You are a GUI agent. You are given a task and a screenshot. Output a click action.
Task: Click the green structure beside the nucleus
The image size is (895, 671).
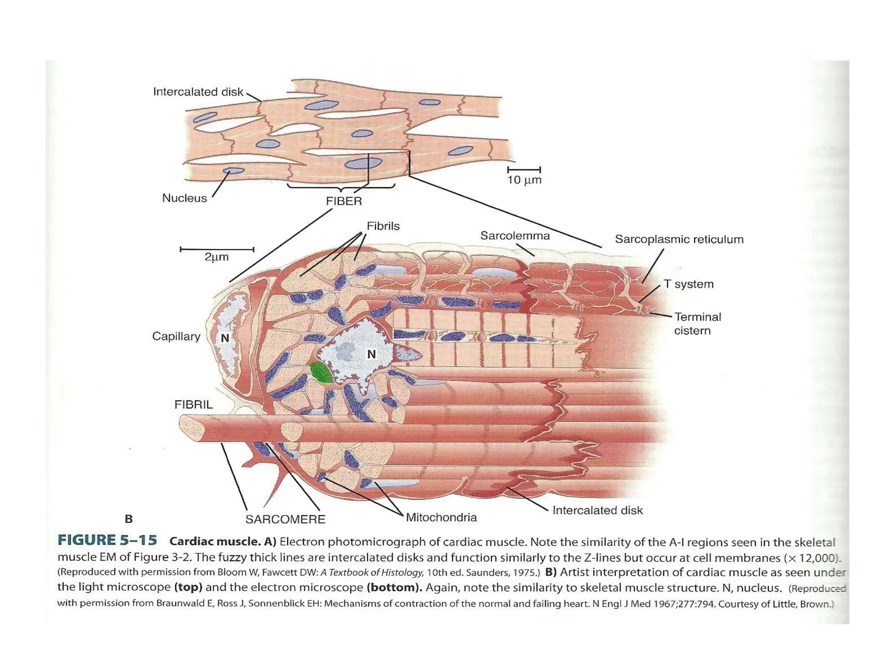pyautogui.click(x=321, y=373)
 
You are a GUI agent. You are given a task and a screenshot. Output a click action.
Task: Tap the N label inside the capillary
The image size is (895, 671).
pyautogui.click(x=225, y=338)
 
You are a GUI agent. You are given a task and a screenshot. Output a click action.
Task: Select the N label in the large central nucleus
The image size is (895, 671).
pyautogui.click(x=371, y=354)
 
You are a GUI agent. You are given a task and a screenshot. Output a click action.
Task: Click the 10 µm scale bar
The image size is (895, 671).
pyautogui.click(x=524, y=169)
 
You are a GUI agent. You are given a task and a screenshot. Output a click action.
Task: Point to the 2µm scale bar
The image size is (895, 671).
pyautogui.click(x=217, y=249)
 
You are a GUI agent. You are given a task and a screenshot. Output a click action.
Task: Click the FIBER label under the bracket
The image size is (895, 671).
pyautogui.click(x=344, y=201)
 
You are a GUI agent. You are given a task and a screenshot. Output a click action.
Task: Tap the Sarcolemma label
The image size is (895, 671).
pyautogui.click(x=515, y=236)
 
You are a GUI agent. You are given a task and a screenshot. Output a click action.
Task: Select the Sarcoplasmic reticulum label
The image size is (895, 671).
pyautogui.click(x=679, y=239)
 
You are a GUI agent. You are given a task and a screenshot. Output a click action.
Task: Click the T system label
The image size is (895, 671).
pyautogui.click(x=688, y=284)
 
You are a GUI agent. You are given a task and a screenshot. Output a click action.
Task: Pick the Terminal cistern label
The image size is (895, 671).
pyautogui.click(x=697, y=324)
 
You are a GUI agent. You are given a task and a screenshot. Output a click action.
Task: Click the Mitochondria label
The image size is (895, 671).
pyautogui.click(x=441, y=518)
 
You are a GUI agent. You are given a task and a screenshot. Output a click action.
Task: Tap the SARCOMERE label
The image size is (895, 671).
pyautogui.click(x=285, y=519)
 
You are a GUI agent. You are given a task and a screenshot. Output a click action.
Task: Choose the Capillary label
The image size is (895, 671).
pyautogui.click(x=176, y=336)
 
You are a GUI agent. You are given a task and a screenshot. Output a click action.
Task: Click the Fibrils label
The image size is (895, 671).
pyautogui.click(x=383, y=226)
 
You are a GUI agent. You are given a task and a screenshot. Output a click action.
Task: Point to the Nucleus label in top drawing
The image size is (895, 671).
pyautogui.click(x=184, y=198)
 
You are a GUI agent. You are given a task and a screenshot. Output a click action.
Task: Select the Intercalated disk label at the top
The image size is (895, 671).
pyautogui.click(x=198, y=92)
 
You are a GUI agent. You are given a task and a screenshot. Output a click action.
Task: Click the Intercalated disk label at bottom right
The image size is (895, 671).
pyautogui.click(x=597, y=510)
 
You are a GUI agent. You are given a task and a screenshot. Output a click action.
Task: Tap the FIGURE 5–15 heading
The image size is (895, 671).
pyautogui.click(x=108, y=540)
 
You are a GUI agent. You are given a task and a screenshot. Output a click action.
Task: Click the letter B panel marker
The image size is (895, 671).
pyautogui.click(x=128, y=519)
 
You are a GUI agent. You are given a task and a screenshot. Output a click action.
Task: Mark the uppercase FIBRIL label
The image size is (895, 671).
pyautogui.click(x=194, y=405)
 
